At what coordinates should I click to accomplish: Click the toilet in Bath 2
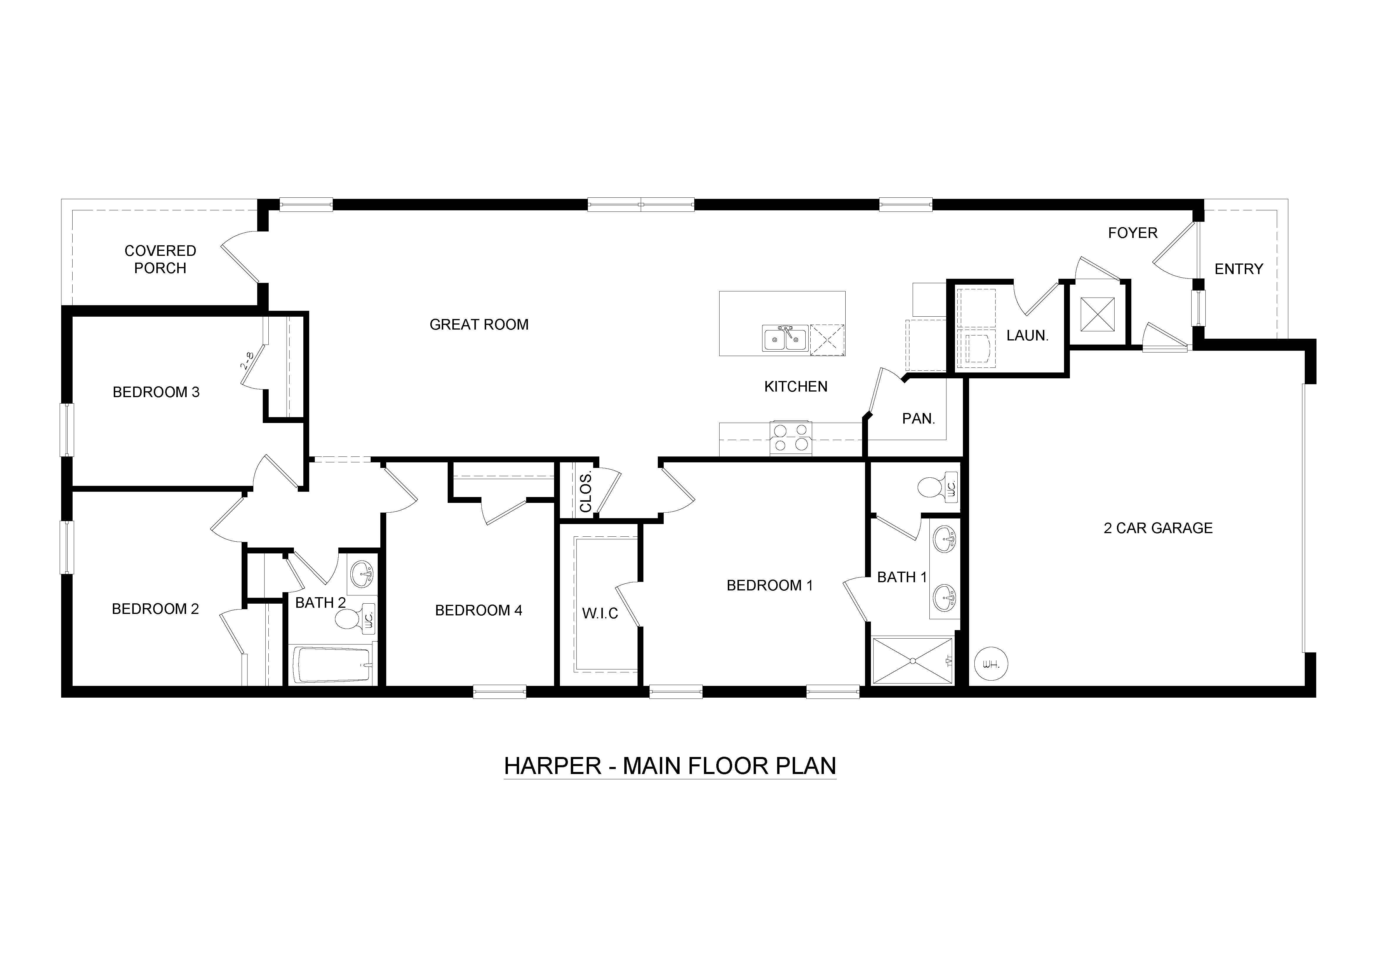347,620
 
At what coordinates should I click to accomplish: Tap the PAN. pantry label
918,419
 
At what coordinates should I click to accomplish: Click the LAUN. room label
1027,336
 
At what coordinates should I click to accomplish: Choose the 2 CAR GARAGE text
1157,528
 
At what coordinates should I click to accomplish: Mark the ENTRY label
1238,269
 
